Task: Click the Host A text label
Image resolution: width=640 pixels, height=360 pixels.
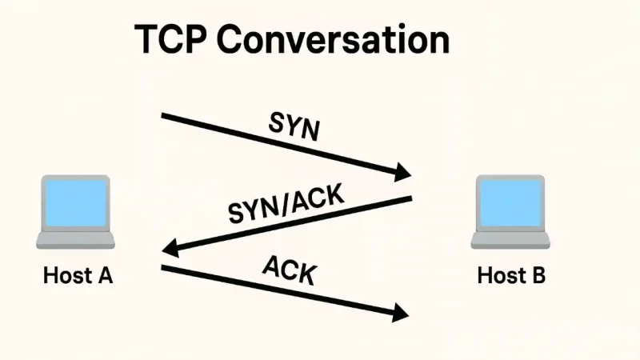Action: pyautogui.click(x=78, y=277)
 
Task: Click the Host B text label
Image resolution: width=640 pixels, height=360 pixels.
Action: pyautogui.click(x=511, y=277)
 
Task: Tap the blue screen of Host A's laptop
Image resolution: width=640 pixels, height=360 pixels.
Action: pyautogui.click(x=76, y=203)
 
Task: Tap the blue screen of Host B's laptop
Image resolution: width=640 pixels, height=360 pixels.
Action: pyautogui.click(x=511, y=203)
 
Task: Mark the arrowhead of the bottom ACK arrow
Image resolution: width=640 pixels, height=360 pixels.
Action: pyautogui.click(x=402, y=313)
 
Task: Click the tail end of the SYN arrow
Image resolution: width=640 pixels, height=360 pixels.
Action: pyautogui.click(x=165, y=116)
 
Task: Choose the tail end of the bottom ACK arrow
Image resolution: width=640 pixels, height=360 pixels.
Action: pyautogui.click(x=165, y=267)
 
